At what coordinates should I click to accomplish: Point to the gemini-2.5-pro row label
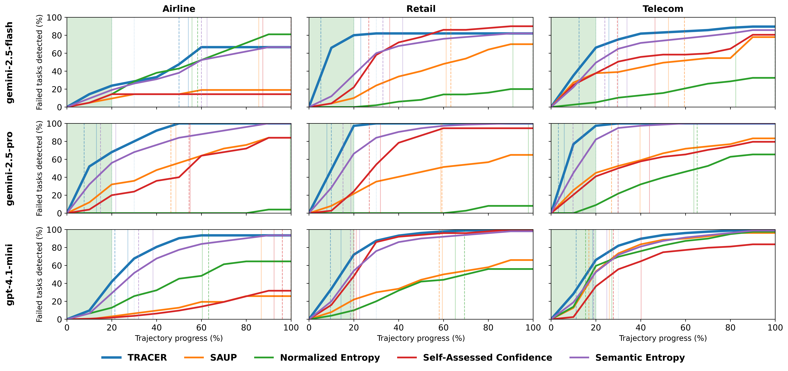[x=10, y=168]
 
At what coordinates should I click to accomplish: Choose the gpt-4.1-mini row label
[x=10, y=275]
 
